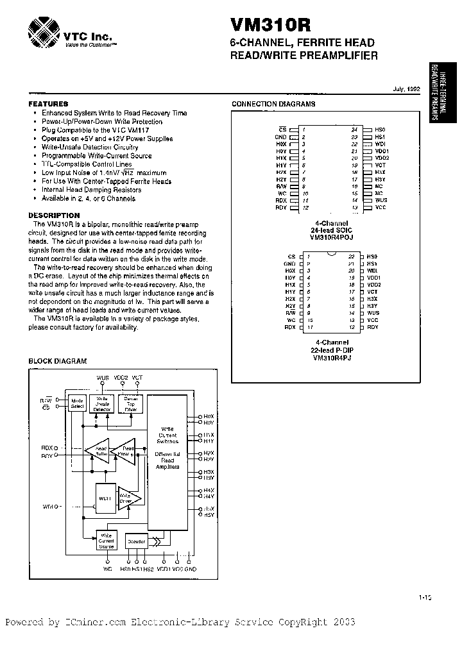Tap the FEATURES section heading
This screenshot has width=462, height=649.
[48, 104]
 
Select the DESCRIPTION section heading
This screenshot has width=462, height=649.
[54, 215]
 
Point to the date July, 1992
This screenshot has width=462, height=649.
[406, 90]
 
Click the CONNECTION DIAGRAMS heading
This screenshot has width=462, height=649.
[273, 104]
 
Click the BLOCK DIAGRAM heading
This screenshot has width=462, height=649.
[57, 361]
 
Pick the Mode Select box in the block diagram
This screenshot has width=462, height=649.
[77, 403]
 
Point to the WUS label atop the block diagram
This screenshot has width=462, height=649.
[103, 378]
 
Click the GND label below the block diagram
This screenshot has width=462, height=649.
[191, 568]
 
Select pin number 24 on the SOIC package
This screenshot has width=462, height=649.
[354, 130]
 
